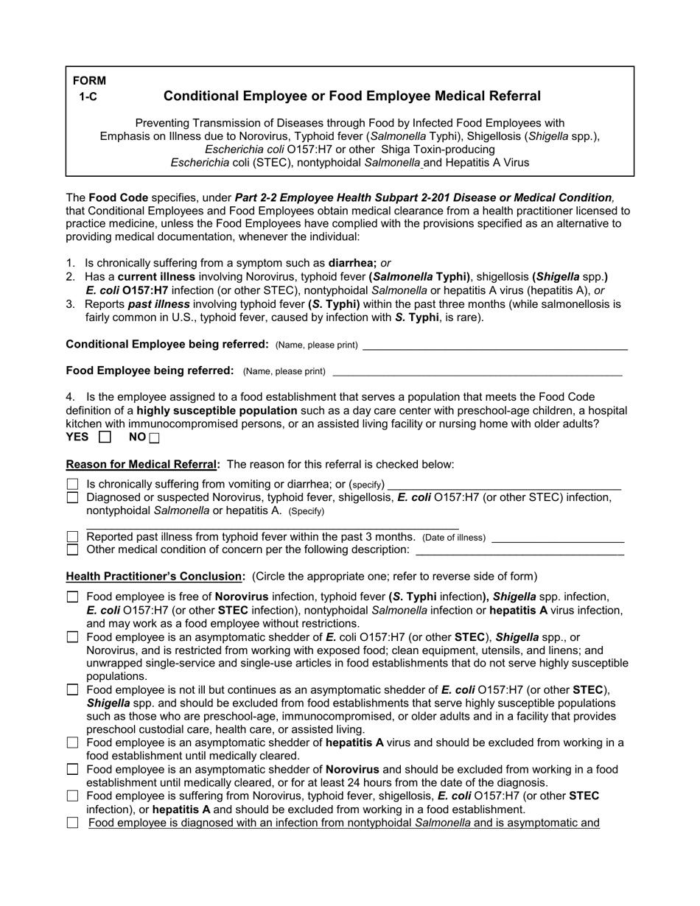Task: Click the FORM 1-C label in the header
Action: click(x=89, y=88)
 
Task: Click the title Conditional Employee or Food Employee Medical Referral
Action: click(x=351, y=96)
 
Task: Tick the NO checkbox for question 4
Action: click(x=154, y=438)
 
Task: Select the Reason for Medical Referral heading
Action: click(x=143, y=464)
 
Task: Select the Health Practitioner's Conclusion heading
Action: click(x=155, y=576)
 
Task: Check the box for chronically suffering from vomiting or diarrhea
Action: click(x=72, y=485)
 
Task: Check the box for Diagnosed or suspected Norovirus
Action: click(x=72, y=498)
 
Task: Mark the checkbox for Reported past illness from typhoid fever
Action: click(x=72, y=537)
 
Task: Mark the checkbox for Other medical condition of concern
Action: click(x=72, y=549)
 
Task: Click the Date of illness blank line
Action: click(x=557, y=538)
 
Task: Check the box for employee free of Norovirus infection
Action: click(x=72, y=597)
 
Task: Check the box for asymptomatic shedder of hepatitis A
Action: click(x=72, y=743)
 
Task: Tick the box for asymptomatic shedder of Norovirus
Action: click(x=72, y=770)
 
